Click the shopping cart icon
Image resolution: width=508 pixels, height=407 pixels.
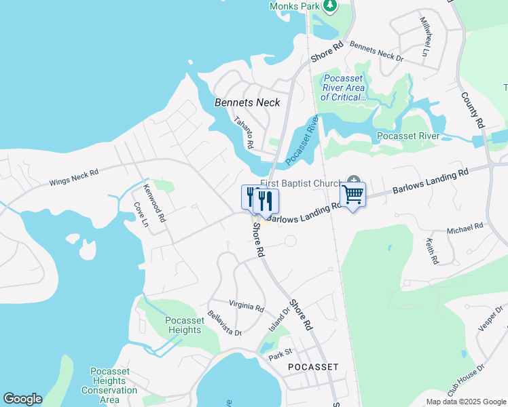point(352,195)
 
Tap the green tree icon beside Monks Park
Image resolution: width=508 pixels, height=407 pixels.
point(330,6)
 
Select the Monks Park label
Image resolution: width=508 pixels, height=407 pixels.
point(294,6)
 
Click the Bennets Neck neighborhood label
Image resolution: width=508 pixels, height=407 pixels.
point(247,102)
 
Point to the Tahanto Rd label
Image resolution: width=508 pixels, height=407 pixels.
point(243,133)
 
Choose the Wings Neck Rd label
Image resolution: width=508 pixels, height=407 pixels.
point(74,178)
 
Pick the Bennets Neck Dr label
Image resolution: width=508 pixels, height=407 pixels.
point(376,52)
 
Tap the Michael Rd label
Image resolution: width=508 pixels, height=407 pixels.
point(465,229)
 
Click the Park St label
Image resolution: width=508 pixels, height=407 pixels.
point(279,353)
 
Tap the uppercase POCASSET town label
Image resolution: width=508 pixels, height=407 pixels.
point(313,366)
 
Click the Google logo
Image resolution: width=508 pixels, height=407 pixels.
point(22,399)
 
